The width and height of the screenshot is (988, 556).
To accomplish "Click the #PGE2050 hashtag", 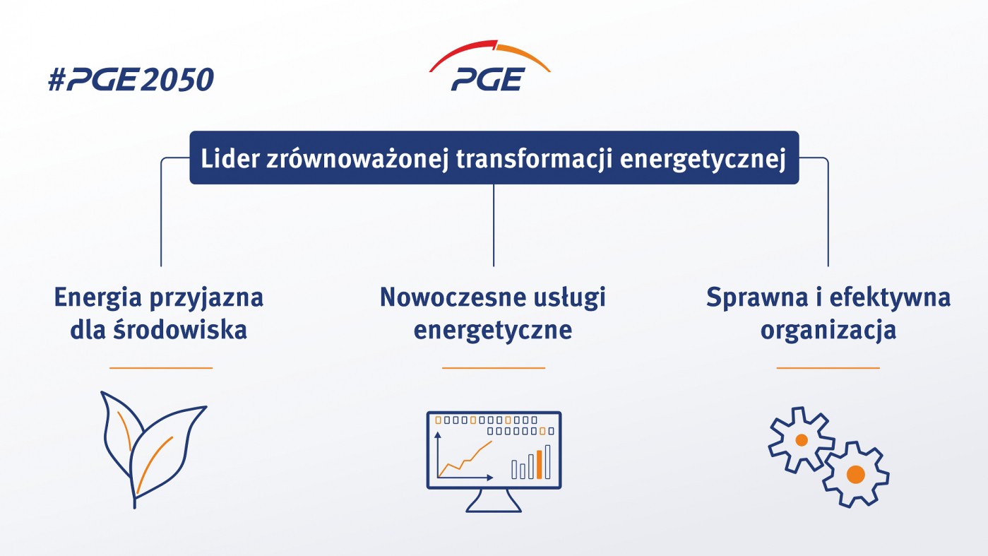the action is point(131,80).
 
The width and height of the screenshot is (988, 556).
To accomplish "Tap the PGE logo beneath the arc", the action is point(488,79).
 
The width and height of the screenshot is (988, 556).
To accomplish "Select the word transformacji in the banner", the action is point(534,159).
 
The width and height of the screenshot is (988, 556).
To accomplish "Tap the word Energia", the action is point(97,298).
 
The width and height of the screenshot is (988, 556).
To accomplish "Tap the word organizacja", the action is point(828,331).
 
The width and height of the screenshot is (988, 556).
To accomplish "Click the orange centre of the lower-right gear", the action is point(855,474).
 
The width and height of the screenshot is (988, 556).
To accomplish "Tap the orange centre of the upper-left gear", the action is point(801,440).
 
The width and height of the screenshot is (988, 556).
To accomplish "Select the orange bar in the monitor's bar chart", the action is point(539,464).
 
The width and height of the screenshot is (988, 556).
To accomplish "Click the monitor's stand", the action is point(494,501).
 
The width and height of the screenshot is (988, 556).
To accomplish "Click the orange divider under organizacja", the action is point(828,367).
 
